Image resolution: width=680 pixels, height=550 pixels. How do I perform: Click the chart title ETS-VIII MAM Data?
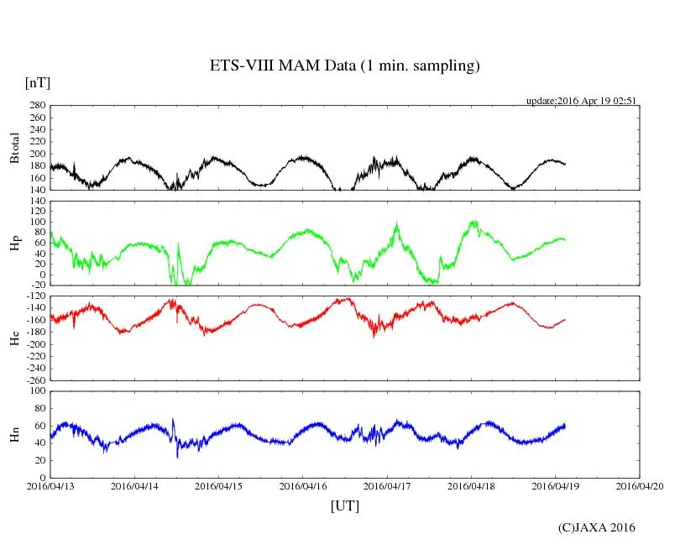click(x=344, y=66)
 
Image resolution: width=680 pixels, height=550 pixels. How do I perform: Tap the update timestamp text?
click(x=582, y=100)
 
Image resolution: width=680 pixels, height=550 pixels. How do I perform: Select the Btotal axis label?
click(x=14, y=148)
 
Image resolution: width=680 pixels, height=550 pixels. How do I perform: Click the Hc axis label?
click(x=14, y=338)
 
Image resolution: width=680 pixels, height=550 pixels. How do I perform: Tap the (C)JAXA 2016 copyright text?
click(x=597, y=527)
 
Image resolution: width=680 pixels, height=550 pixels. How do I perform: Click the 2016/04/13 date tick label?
click(x=50, y=485)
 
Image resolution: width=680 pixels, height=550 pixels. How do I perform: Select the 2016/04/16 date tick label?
click(x=303, y=485)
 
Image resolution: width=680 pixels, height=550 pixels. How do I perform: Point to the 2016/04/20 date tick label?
click(x=640, y=485)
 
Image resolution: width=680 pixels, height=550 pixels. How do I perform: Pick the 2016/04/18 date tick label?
click(x=472, y=485)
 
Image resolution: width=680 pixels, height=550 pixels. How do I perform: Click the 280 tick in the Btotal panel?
click(x=37, y=106)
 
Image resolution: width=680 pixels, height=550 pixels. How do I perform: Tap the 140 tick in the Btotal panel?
click(x=37, y=190)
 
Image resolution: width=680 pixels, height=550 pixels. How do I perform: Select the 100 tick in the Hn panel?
click(x=37, y=391)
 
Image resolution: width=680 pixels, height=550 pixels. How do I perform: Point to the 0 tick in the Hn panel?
click(x=43, y=478)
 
